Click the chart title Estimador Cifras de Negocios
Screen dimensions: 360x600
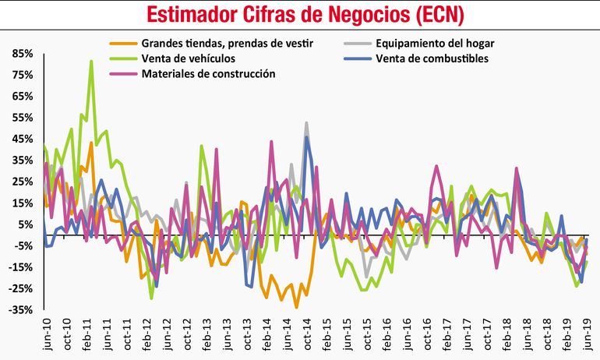pyautogui.click(x=300, y=14)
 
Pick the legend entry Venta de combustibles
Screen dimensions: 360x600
pyautogui.click(x=432, y=58)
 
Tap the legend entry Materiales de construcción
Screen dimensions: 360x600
pyautogui.click(x=208, y=73)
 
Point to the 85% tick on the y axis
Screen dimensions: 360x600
pyautogui.click(x=21, y=53)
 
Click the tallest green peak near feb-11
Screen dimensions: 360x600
pyautogui.click(x=92, y=61)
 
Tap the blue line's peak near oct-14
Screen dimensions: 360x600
pyautogui.click(x=307, y=137)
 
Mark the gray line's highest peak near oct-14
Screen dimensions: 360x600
pyautogui.click(x=306, y=122)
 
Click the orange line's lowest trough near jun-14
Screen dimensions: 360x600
pyautogui.click(x=296, y=307)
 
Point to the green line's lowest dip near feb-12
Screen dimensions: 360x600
pyautogui.click(x=151, y=298)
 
